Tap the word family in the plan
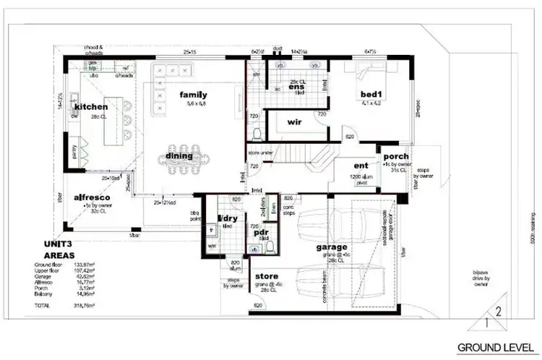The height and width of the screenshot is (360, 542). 194,95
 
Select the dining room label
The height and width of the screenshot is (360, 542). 178,155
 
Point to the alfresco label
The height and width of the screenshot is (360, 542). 92,197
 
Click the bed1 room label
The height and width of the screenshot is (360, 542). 374,94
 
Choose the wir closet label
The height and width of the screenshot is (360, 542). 294,122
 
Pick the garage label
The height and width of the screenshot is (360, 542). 332,247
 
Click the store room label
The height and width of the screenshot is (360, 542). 267,276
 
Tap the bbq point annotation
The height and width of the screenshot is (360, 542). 194,215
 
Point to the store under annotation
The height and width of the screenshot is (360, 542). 261,153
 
